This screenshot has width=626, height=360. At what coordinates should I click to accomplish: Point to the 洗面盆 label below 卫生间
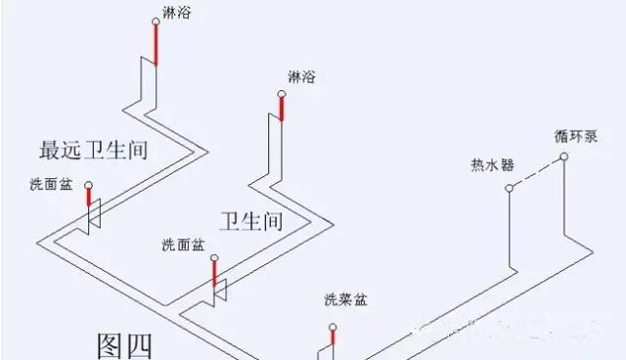coord(182,245)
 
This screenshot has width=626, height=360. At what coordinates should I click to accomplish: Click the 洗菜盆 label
coord(343,299)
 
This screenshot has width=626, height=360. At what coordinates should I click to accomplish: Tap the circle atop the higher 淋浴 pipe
coord(155,22)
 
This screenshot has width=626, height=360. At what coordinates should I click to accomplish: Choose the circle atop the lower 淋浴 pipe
coord(281,94)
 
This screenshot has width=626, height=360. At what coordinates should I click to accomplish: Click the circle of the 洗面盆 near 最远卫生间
coord(88,184)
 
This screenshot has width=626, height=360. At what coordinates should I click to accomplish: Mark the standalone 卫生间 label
coord(251,220)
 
